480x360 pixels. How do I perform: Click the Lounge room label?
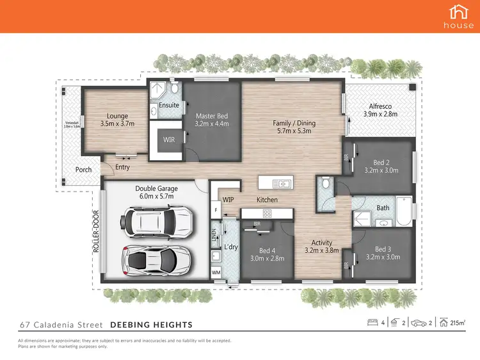118,120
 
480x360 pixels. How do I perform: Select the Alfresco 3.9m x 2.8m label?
380,110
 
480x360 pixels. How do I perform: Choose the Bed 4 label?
268,254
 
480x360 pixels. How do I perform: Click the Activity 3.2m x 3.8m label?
321,247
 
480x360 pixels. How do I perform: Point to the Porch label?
83,170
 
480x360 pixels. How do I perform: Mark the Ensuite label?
170,105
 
